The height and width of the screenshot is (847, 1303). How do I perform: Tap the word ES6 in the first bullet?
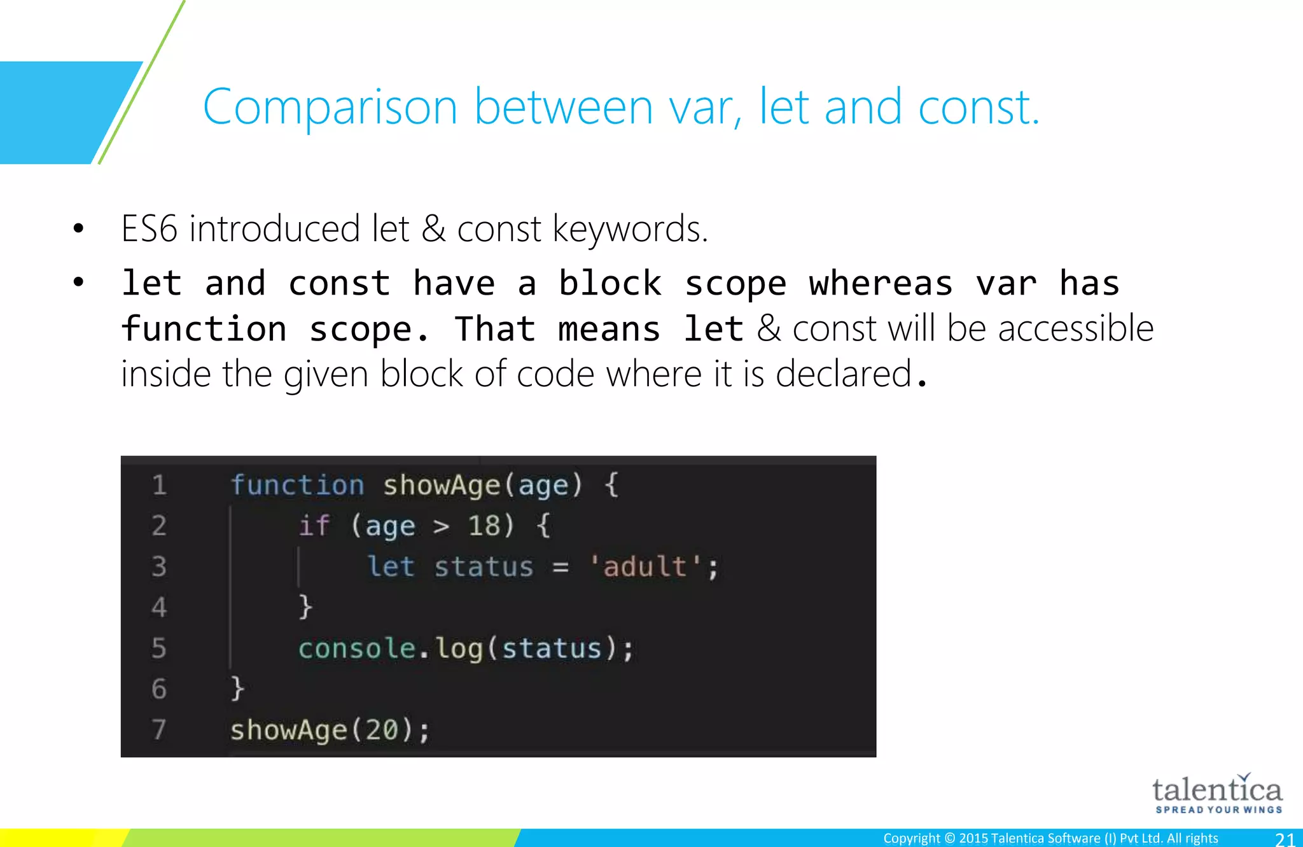(x=149, y=229)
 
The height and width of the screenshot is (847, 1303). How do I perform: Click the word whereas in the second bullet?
(x=881, y=284)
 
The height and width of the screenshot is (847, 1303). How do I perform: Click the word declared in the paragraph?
(x=844, y=374)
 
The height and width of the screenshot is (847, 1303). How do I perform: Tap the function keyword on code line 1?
(x=297, y=486)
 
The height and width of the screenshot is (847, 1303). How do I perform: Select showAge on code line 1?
(x=442, y=486)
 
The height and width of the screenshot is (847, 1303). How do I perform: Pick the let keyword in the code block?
(x=391, y=567)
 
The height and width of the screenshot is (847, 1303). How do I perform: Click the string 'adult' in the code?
(x=646, y=567)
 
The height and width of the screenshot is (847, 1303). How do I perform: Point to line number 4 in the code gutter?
(x=159, y=608)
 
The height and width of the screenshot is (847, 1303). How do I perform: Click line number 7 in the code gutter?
(x=159, y=730)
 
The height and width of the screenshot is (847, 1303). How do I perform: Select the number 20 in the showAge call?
(x=381, y=730)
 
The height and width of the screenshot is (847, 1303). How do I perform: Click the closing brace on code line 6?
(x=237, y=689)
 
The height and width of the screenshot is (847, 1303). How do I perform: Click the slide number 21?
(x=1285, y=839)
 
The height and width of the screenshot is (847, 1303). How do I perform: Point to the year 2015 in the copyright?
(x=973, y=839)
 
